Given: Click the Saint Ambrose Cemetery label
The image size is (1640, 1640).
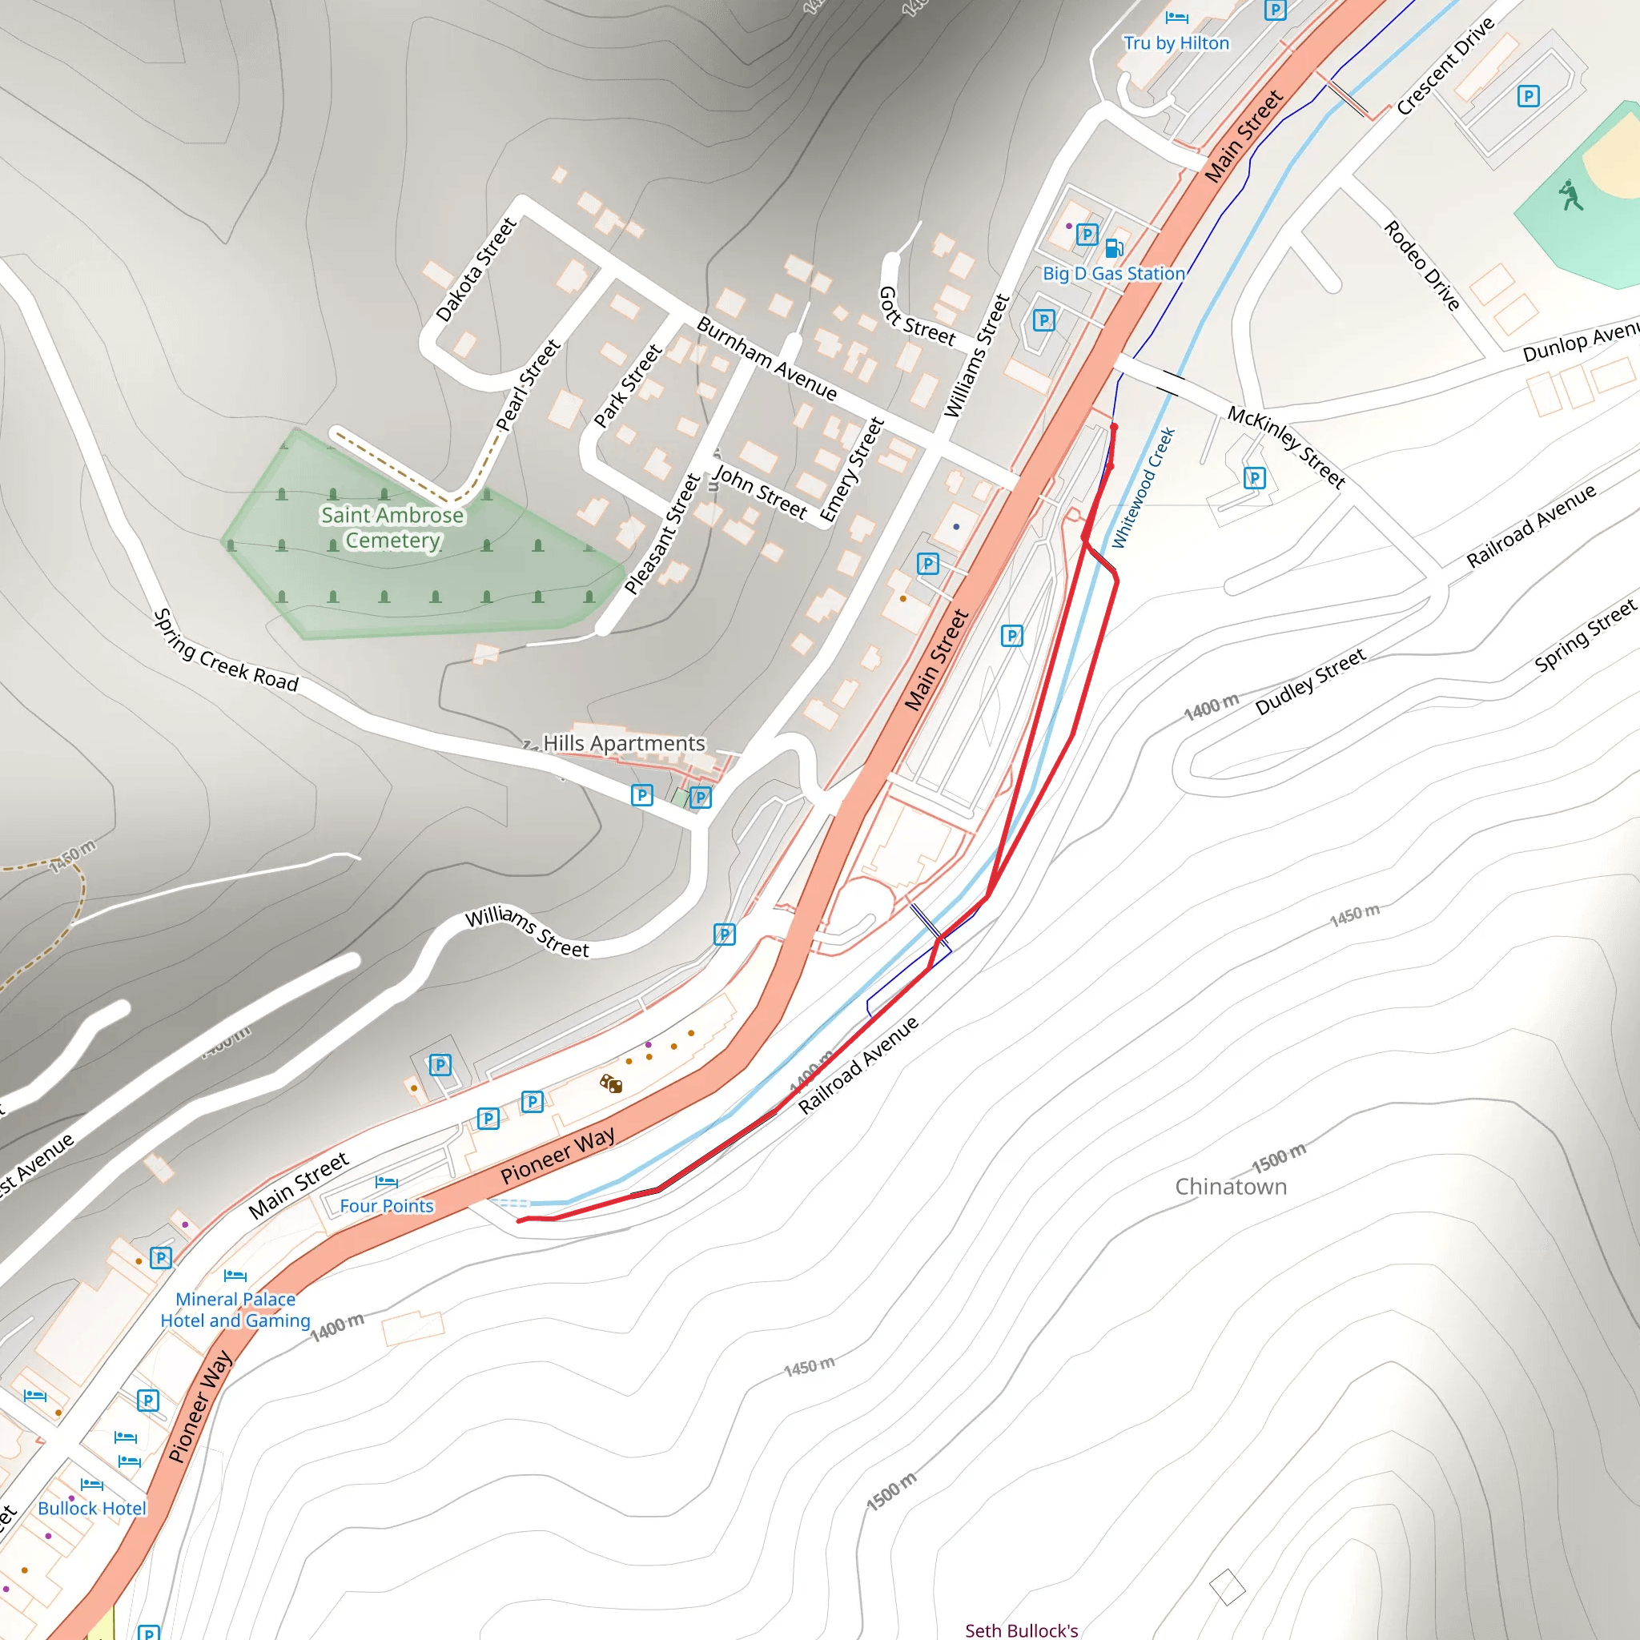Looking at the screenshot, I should pyautogui.click(x=392, y=527).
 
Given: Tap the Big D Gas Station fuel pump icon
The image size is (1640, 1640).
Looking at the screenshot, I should pyautogui.click(x=1114, y=248).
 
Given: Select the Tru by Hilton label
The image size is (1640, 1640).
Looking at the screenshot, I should pyautogui.click(x=1176, y=43).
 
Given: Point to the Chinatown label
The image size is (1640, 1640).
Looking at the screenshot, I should pyautogui.click(x=1231, y=1187).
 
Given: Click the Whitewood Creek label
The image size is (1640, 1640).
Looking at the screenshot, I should pyautogui.click(x=1144, y=488).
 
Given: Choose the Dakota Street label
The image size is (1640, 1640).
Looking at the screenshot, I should pyautogui.click(x=476, y=269).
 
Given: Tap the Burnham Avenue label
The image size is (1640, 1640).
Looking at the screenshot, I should pyautogui.click(x=766, y=358).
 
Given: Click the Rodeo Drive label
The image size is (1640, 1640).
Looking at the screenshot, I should pyautogui.click(x=1422, y=266).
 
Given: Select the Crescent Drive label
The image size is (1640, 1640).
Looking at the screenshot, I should pyautogui.click(x=1445, y=66).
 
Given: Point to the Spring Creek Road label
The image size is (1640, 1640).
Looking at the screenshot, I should pyautogui.click(x=226, y=652).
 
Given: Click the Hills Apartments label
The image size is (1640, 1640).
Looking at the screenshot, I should pyautogui.click(x=624, y=744).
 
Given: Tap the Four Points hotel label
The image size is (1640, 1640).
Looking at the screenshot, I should pyautogui.click(x=386, y=1206).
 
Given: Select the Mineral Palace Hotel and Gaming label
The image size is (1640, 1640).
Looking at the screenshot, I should pyautogui.click(x=235, y=1310).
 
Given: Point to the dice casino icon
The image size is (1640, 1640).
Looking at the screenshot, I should pyautogui.click(x=611, y=1084).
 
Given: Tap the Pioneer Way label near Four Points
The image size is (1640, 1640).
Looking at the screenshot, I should pyautogui.click(x=557, y=1156).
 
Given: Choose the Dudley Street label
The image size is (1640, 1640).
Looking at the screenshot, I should pyautogui.click(x=1310, y=681).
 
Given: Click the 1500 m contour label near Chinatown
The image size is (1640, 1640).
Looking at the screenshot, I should pyautogui.click(x=1278, y=1157).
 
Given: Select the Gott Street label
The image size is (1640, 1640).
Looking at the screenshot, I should pyautogui.click(x=917, y=316).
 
